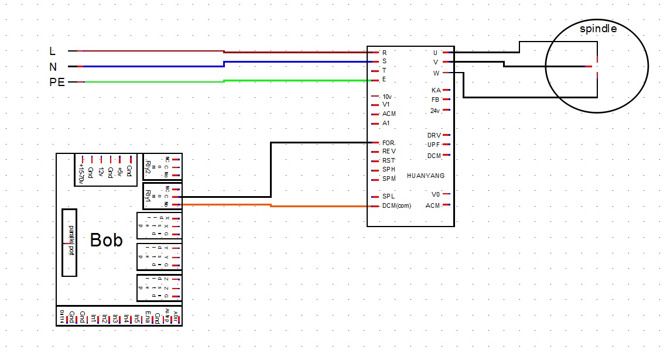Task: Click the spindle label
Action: (x=597, y=29)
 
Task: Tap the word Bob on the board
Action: (x=106, y=240)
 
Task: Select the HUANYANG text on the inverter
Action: (x=426, y=176)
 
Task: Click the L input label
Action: (x=53, y=52)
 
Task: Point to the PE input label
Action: (x=56, y=82)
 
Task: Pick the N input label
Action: (x=53, y=67)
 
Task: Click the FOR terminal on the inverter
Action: (x=388, y=143)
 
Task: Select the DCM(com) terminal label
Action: (x=396, y=206)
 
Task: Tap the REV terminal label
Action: (x=388, y=151)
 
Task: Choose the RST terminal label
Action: (x=388, y=160)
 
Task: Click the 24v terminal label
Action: (x=435, y=111)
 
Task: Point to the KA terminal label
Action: (x=436, y=90)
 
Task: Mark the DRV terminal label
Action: (x=434, y=135)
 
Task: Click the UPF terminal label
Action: (x=433, y=145)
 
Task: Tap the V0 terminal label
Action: (x=435, y=194)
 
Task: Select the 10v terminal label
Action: (x=386, y=97)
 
